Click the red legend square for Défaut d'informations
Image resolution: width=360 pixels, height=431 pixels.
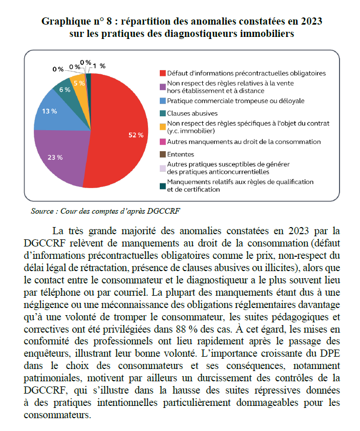tap(163, 73)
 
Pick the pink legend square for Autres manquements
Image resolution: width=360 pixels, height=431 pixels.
tap(163, 141)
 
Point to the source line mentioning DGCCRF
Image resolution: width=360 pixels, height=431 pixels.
tap(106, 211)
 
